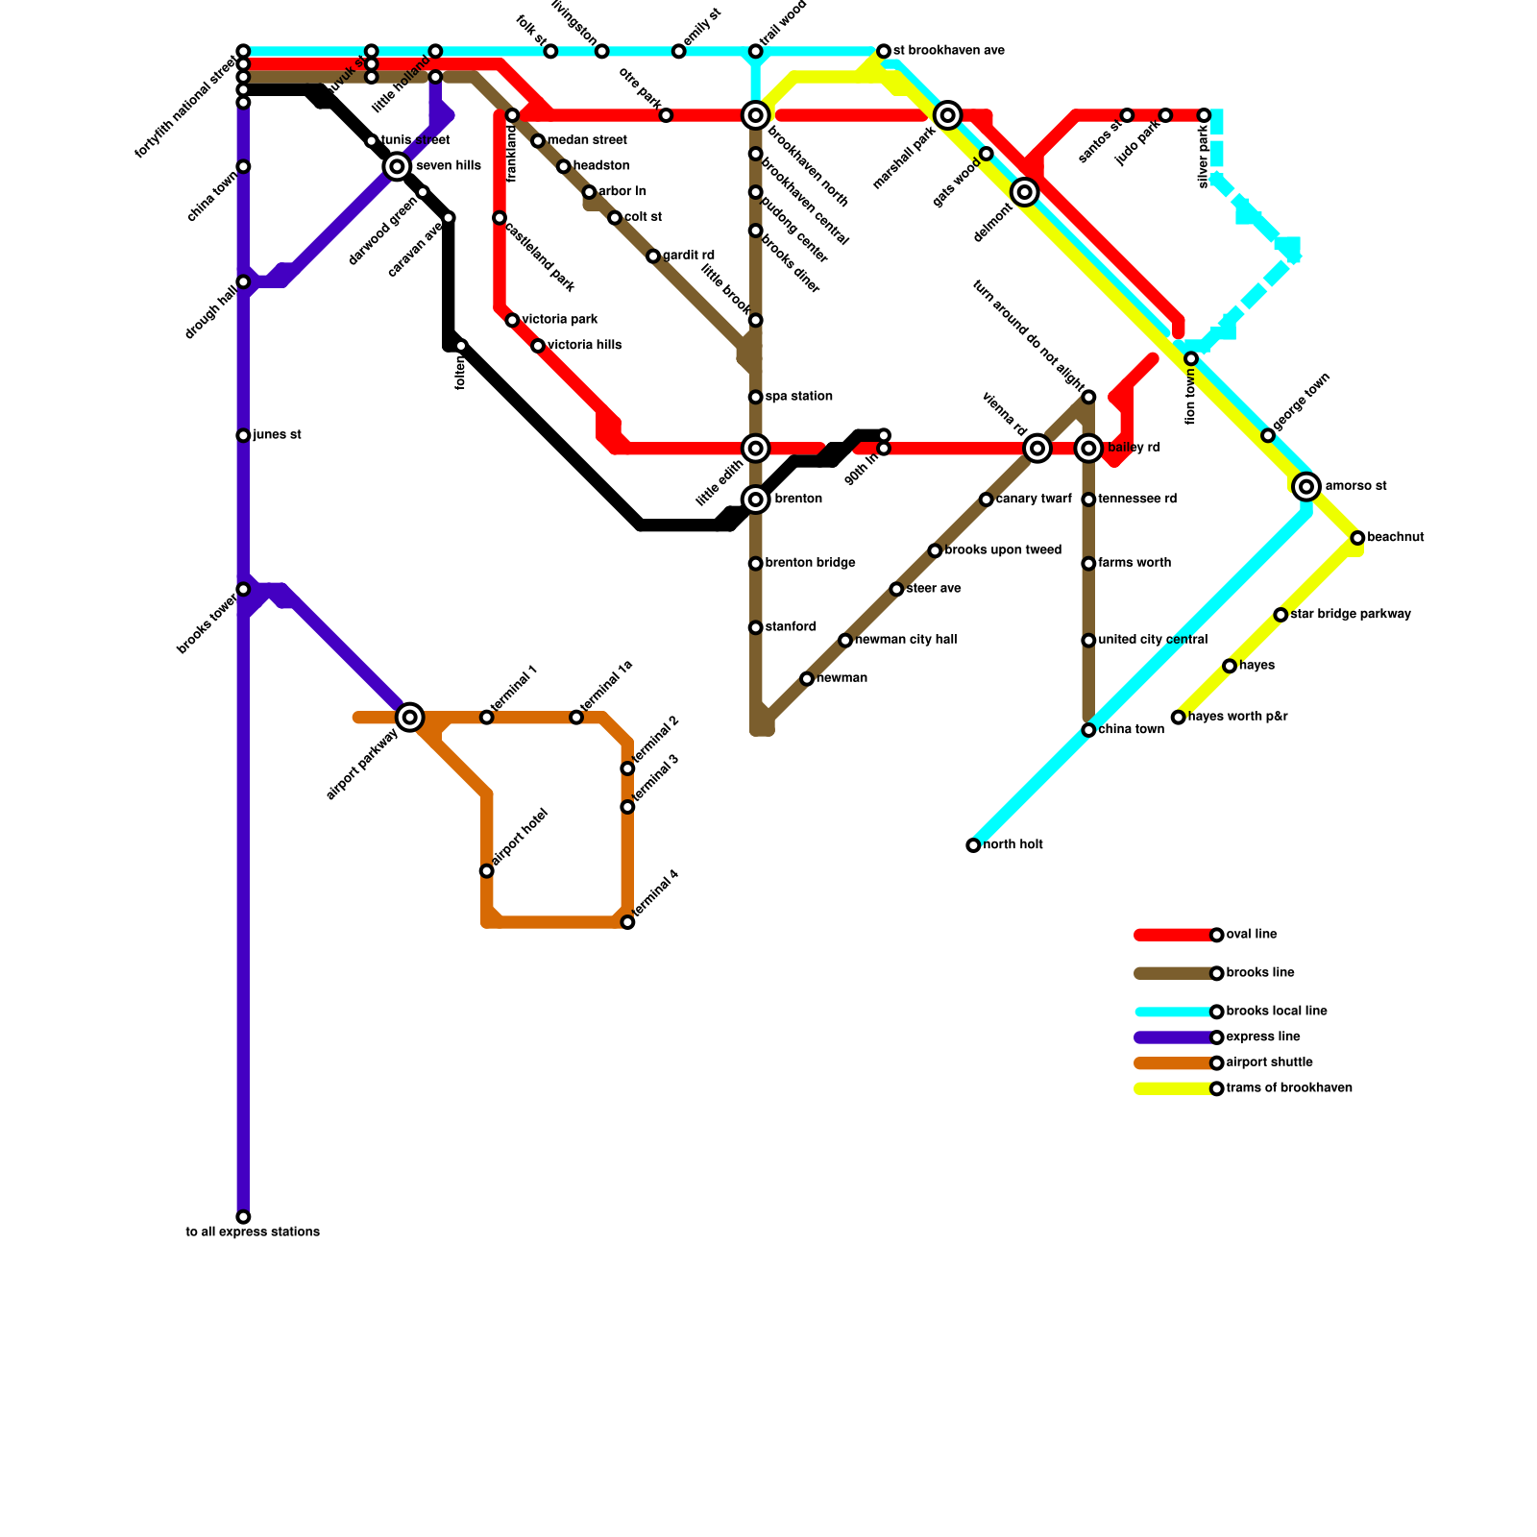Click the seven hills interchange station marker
(397, 167)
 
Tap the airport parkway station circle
(410, 717)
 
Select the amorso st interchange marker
(1305, 487)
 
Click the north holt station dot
(973, 845)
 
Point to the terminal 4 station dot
(627, 922)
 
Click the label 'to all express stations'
(253, 1232)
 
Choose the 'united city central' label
(1153, 640)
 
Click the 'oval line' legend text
(1252, 935)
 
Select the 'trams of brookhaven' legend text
(1289, 1088)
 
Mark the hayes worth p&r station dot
(1178, 718)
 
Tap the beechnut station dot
(1356, 538)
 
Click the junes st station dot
(243, 436)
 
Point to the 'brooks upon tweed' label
(1003, 550)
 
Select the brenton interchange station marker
(756, 500)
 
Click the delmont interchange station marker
(1025, 192)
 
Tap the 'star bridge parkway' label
(1351, 615)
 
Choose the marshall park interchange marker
(948, 115)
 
